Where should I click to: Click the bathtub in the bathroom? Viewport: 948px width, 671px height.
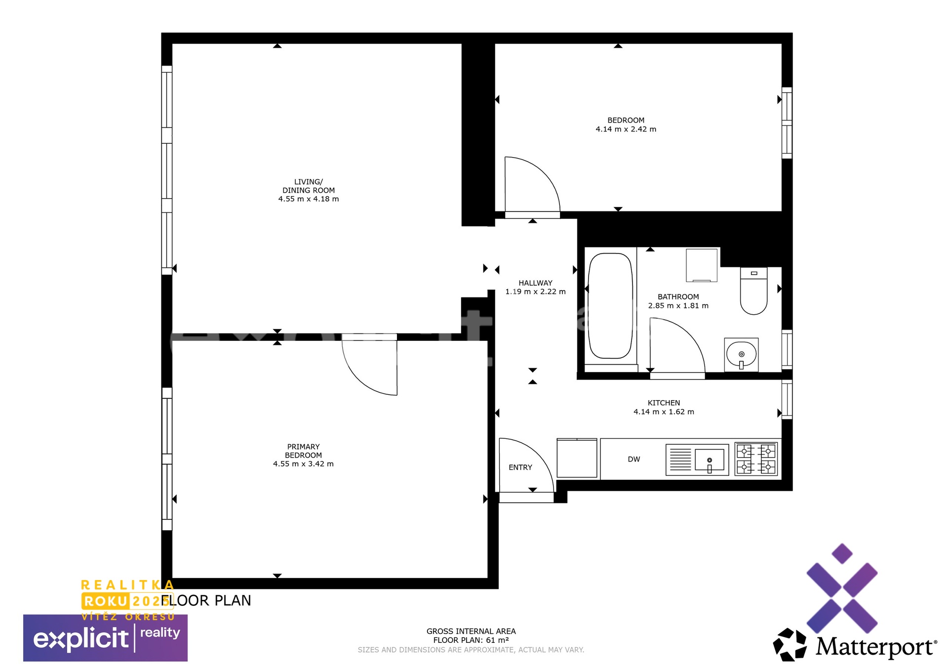click(x=611, y=306)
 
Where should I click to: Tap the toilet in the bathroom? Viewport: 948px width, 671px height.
click(x=753, y=291)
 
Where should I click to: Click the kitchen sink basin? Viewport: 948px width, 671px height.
click(x=710, y=460)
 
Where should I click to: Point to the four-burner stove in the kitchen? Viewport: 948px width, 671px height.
click(x=756, y=459)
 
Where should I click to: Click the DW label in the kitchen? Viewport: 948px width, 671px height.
click(x=634, y=460)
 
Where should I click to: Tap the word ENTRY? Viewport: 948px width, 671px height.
click(x=520, y=467)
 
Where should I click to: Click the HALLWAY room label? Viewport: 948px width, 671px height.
click(x=536, y=283)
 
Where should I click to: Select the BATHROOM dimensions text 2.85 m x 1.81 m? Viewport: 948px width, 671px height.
click(x=678, y=306)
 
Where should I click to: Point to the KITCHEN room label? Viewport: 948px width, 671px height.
click(x=664, y=403)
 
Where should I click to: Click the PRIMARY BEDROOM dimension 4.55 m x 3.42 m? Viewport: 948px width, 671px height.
click(x=304, y=464)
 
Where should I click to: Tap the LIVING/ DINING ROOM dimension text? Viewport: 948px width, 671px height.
click(x=309, y=199)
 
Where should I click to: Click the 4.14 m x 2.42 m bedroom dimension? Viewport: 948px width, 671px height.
click(x=626, y=129)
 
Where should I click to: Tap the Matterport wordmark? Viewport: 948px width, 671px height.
click(x=876, y=647)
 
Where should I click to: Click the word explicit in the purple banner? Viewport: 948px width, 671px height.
click(x=81, y=639)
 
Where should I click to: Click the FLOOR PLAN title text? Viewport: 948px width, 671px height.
click(x=206, y=601)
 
